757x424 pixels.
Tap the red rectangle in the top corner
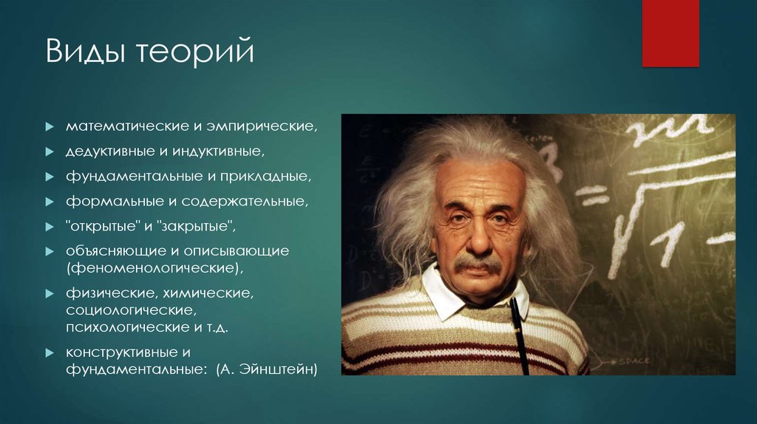click(x=671, y=33)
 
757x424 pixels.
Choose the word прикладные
click(x=265, y=177)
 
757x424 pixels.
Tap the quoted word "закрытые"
click(x=196, y=226)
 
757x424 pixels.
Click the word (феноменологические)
click(x=155, y=268)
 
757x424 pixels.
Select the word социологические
click(x=132, y=310)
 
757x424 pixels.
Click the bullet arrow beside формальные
click(x=50, y=202)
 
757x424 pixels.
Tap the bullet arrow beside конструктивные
click(x=50, y=352)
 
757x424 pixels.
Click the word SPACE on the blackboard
click(x=634, y=360)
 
